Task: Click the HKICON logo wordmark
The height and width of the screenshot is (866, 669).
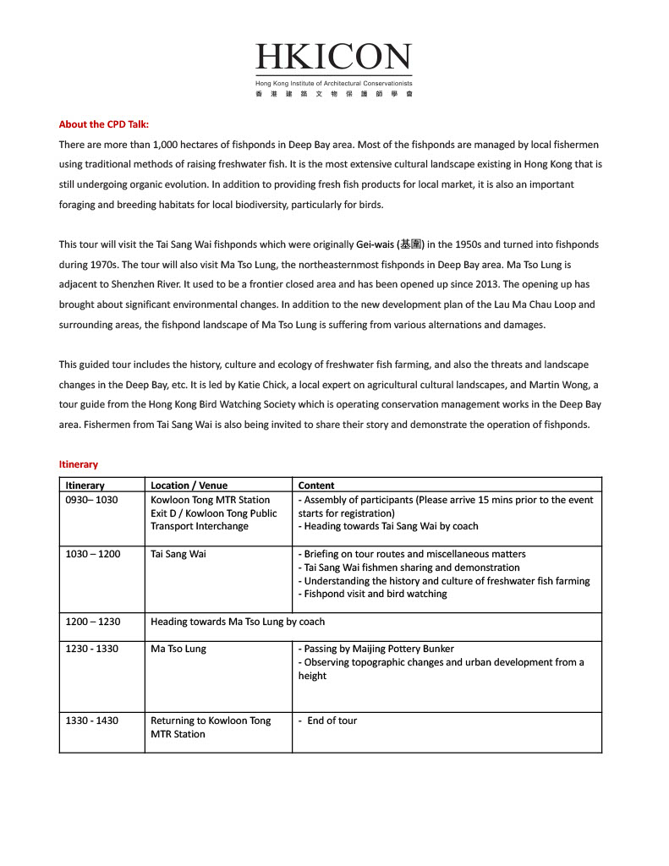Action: pyautogui.click(x=334, y=58)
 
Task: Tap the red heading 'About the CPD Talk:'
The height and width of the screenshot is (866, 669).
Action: pyautogui.click(x=104, y=124)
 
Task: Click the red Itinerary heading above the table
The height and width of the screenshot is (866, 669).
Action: pyautogui.click(x=79, y=464)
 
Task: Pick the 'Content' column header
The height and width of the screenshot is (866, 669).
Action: pyautogui.click(x=316, y=485)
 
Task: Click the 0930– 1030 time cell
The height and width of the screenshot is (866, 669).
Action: pyautogui.click(x=92, y=500)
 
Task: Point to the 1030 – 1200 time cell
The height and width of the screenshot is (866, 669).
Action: pyautogui.click(x=93, y=554)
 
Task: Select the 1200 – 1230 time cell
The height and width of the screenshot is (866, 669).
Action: pyautogui.click(x=93, y=622)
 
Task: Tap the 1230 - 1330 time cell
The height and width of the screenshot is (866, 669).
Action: pyautogui.click(x=92, y=649)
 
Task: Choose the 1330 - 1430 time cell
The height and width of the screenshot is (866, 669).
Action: pyautogui.click(x=92, y=721)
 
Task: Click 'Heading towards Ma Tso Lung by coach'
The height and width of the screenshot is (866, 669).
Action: pyautogui.click(x=238, y=622)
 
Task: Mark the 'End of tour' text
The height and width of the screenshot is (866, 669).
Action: pyautogui.click(x=332, y=721)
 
